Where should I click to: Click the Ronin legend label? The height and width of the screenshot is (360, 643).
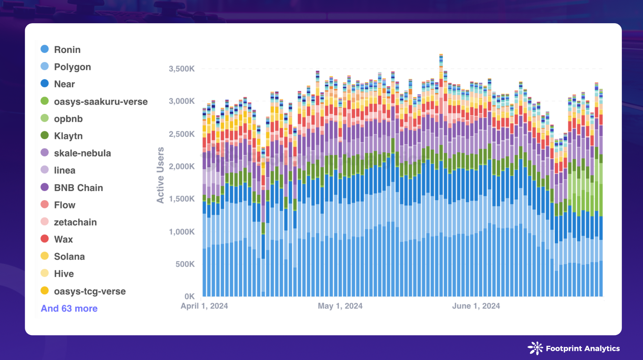coord(67,50)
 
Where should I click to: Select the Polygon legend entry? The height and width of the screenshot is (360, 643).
coord(72,67)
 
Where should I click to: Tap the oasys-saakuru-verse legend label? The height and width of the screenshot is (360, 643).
coord(100,101)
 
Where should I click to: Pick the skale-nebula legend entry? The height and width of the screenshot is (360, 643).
coord(82,153)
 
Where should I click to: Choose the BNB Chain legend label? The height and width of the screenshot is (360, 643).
coord(78,188)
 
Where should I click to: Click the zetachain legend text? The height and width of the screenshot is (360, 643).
coord(75,222)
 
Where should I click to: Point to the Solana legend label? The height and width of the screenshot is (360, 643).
coord(69,256)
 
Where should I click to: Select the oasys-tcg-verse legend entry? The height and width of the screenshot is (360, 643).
coord(89,291)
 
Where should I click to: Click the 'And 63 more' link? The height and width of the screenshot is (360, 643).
coord(69,308)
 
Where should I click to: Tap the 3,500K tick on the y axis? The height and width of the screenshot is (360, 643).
coord(181,69)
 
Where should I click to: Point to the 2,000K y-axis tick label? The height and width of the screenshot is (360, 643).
coord(181,166)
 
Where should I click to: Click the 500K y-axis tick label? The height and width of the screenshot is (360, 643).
coord(185,264)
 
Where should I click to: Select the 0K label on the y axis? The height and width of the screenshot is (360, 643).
coord(189,296)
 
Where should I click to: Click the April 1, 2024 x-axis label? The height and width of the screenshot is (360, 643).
coord(204,306)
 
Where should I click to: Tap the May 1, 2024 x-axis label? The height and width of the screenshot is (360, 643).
coord(340,306)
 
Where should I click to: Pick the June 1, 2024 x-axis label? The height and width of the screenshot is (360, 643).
coord(476,306)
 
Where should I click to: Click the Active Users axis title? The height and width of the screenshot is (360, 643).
coord(160,175)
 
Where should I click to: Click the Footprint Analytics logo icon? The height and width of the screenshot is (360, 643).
coord(535,348)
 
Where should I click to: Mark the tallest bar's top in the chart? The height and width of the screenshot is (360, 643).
coord(441,55)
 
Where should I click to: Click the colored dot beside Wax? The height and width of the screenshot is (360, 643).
coord(45,239)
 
